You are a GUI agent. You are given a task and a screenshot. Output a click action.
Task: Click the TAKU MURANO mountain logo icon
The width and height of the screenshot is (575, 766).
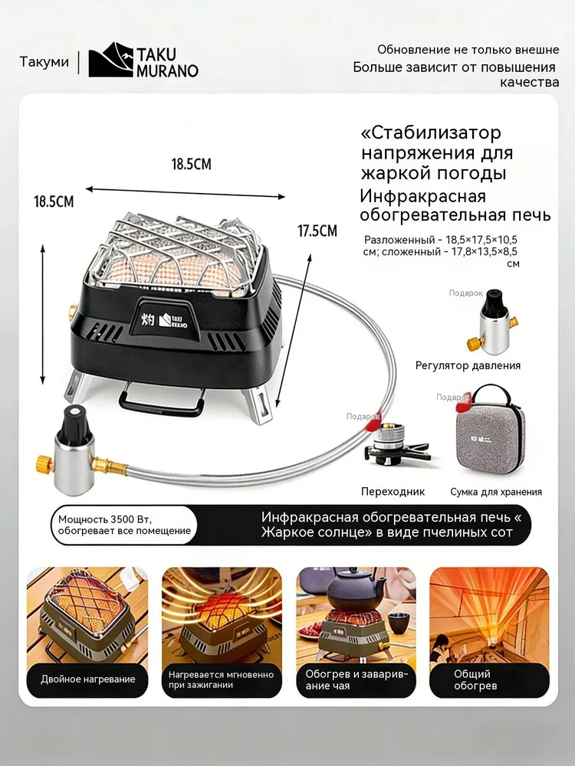pos(110,60)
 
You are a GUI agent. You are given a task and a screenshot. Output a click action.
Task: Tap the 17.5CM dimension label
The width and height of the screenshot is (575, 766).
pos(317,231)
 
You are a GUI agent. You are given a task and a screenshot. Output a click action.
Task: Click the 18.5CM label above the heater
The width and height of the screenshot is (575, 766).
pos(191,164)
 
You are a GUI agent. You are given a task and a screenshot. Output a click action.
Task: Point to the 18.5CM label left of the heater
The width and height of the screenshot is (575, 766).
pos(54,201)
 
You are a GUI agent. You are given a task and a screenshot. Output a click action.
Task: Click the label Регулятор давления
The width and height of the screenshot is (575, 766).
pos(468,365)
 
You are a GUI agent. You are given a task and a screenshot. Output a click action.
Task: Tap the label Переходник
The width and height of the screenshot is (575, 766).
pos(393,492)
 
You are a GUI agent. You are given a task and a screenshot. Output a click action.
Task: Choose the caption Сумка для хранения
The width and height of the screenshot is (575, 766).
pos(496,492)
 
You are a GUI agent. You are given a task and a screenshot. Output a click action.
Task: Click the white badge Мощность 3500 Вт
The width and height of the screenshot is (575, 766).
pos(124,525)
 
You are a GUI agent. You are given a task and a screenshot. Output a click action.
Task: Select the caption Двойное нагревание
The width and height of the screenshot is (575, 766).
pos(88,679)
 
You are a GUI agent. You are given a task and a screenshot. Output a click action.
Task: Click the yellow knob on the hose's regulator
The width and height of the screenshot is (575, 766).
pos(45,463)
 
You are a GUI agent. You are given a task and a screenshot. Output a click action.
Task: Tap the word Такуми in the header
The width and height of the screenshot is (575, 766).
pos(44,62)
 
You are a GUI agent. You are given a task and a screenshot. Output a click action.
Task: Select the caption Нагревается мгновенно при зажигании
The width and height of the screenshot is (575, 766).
pos(221,679)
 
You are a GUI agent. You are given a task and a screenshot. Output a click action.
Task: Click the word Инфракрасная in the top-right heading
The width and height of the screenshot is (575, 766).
pos(423,196)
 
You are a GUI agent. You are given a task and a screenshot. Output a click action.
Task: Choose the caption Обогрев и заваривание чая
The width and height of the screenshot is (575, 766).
pos(356,679)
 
